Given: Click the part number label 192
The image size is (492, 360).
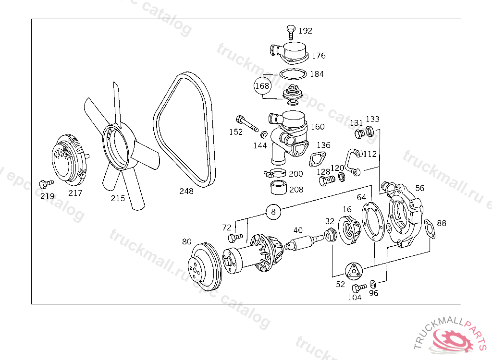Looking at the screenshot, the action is pos(305,31).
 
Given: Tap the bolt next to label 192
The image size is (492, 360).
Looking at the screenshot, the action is pos(290,32).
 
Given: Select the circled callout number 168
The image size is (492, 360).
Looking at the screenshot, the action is pos(262,86).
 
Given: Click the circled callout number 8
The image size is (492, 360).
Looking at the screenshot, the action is pos(273,211).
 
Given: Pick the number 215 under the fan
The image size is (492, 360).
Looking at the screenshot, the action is pos(118,198).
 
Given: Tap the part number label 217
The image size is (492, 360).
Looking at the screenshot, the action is pos(75,193).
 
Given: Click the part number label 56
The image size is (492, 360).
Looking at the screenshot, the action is pos(420,188).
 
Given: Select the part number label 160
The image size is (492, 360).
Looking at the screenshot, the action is pos(318,127).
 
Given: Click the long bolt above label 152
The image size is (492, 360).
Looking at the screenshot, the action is pos(247,123).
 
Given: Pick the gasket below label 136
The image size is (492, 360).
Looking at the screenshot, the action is pos(318,159).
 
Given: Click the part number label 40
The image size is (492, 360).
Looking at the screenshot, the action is pos(298,230).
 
